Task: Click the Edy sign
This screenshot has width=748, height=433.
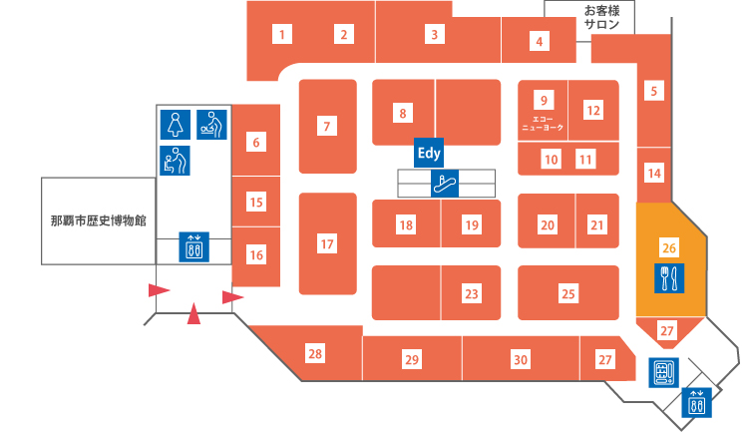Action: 429,153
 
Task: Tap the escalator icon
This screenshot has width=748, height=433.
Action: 445,184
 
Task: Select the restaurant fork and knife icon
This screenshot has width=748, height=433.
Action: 669,278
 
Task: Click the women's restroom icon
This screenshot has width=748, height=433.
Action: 176,125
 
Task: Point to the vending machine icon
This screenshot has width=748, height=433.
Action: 663,372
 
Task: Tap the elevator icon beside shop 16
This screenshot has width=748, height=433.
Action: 194,246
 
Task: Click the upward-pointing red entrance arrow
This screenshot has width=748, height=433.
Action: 193,313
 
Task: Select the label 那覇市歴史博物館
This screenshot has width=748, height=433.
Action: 99,221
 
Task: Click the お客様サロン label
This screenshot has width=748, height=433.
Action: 601,17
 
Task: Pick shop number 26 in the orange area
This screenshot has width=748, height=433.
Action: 669,247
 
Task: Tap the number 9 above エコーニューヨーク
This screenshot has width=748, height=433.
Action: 544,100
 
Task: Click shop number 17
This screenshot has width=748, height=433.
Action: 327,244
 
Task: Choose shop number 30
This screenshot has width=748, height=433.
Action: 521,359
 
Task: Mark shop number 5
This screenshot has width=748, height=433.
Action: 654,91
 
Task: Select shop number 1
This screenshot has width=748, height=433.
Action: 282,34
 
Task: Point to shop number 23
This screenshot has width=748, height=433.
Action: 472,293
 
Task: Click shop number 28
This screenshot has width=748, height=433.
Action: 315,354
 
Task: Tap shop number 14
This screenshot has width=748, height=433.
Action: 654,173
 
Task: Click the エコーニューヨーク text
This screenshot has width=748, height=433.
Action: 543,124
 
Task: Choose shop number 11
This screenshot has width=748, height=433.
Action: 585,159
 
